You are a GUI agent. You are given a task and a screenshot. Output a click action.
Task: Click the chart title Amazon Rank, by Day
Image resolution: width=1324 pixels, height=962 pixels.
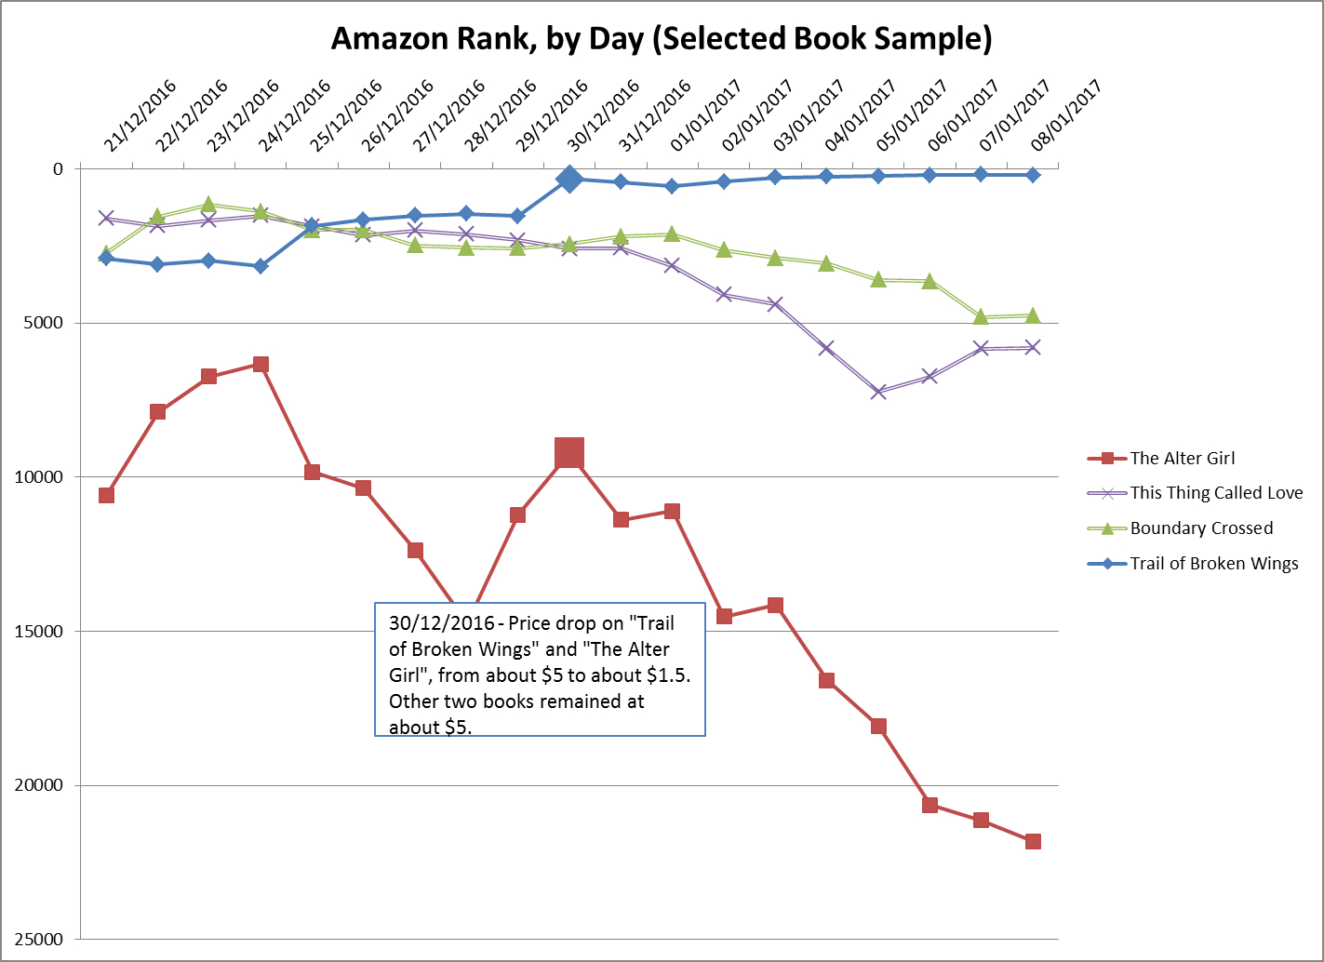[661, 39]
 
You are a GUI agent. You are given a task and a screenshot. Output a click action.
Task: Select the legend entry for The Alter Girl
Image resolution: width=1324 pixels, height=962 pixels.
[1182, 458]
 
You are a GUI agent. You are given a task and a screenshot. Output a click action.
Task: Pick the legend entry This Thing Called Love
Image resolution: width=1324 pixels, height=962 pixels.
[1215, 493]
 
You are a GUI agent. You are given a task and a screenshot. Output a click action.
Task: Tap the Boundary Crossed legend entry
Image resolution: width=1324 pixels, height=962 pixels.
[1200, 528]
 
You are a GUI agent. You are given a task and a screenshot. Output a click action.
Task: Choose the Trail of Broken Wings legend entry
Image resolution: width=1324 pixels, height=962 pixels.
[1213, 564]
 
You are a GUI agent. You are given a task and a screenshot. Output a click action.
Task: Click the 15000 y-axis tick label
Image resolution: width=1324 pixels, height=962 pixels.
[40, 631]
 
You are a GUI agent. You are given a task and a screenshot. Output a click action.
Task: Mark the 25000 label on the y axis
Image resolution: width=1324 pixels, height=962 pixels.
[40, 939]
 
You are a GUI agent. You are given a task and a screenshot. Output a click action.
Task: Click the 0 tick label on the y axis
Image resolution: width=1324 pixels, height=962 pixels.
[59, 168]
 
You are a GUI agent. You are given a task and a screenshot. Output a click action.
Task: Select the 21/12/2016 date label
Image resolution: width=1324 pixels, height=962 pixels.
[140, 115]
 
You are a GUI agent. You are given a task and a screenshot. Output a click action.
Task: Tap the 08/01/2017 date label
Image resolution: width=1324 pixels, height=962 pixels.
[1066, 115]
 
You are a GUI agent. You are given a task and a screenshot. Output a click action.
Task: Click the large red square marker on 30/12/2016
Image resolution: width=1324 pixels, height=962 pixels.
[569, 453]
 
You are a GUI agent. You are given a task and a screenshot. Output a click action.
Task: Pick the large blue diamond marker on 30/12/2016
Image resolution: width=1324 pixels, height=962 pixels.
[569, 179]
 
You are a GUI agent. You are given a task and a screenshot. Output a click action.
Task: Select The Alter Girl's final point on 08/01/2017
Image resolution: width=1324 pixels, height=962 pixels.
[1033, 841]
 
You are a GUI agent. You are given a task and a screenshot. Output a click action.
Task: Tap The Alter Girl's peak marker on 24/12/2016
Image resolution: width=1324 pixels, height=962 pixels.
[261, 364]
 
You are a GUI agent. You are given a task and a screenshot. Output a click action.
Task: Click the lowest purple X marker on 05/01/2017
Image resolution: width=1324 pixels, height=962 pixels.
[878, 392]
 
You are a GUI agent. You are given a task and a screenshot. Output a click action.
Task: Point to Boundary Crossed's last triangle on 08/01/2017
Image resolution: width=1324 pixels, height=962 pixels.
[1033, 316]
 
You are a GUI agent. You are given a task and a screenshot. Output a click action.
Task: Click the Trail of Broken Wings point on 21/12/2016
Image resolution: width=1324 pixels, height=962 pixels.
[106, 258]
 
